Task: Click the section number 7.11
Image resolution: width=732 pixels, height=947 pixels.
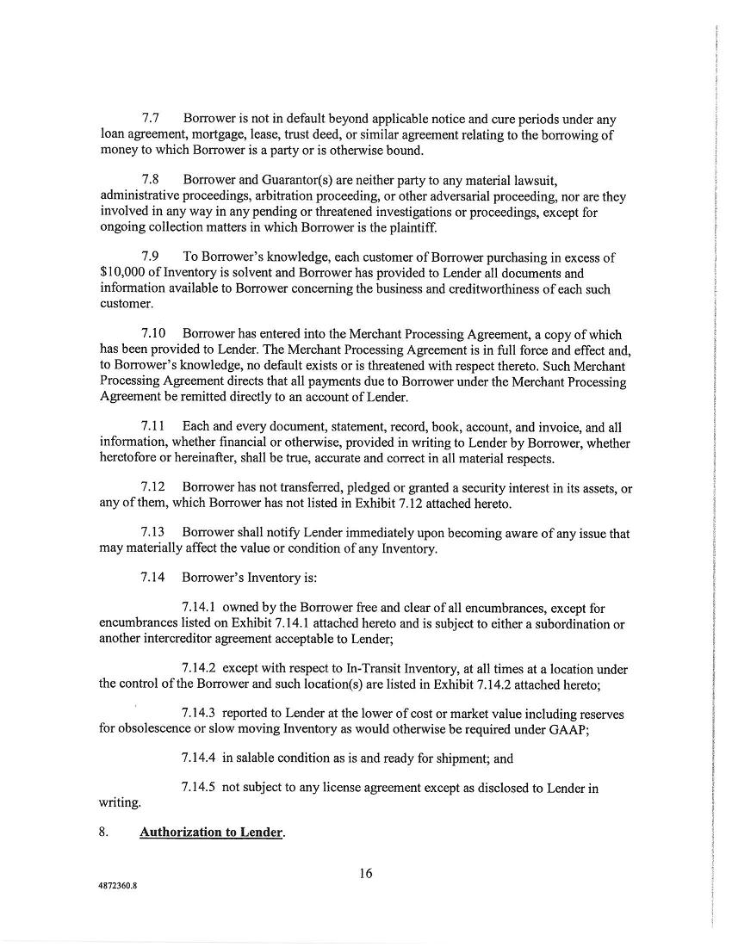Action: point(154,427)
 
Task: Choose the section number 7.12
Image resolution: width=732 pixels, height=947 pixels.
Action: point(154,489)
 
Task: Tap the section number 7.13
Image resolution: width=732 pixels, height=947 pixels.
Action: point(154,535)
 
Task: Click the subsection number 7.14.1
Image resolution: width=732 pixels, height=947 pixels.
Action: point(199,608)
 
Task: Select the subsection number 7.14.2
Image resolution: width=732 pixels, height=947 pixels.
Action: point(199,669)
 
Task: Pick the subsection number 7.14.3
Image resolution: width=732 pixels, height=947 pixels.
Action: point(199,715)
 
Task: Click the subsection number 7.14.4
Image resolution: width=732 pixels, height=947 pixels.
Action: point(199,758)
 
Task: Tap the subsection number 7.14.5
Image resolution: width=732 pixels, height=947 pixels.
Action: point(199,788)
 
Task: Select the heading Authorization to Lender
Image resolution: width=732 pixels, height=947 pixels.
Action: point(212,833)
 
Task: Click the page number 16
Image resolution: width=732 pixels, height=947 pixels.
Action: point(365,874)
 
